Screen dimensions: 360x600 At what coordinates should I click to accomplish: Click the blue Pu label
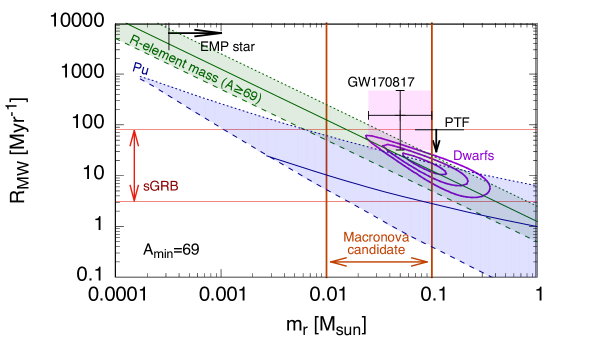[139, 68]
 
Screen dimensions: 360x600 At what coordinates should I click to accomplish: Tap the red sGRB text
[161, 187]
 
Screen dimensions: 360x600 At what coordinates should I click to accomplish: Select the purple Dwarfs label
[473, 155]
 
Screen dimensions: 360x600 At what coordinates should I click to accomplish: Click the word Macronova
[376, 237]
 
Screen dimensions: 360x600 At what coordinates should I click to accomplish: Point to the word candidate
[376, 250]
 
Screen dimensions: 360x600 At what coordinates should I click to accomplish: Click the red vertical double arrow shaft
[135, 165]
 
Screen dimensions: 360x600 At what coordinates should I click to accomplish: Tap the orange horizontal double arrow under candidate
[380, 262]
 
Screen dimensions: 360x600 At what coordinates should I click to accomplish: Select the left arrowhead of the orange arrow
[333, 262]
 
